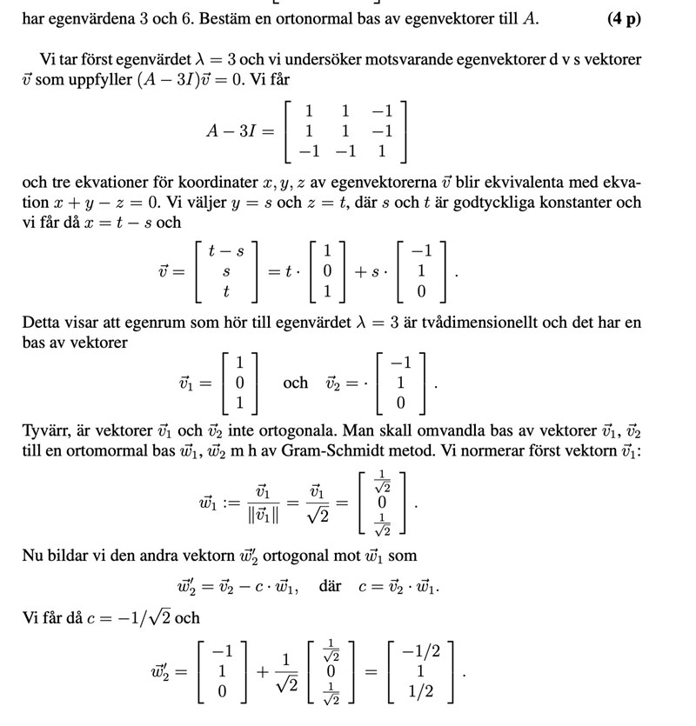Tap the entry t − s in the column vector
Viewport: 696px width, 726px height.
coord(227,250)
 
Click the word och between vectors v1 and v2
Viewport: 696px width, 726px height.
coord(295,383)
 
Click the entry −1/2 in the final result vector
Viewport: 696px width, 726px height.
coord(423,651)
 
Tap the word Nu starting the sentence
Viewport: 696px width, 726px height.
coord(32,556)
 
